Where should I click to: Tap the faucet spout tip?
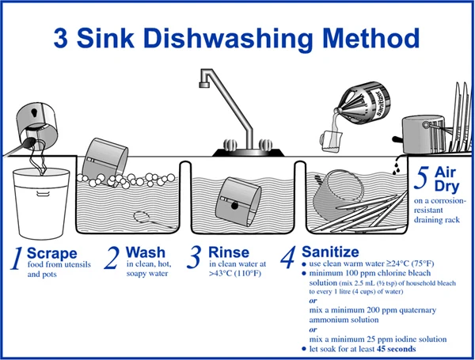pyautogui.click(x=204, y=85)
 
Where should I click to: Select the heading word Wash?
pyautogui.click(x=146, y=252)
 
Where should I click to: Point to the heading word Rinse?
pyautogui.click(x=229, y=252)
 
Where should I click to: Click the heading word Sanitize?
pyautogui.click(x=330, y=252)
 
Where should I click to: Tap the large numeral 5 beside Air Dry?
pyautogui.click(x=421, y=178)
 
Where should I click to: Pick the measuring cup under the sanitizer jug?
pyautogui.click(x=331, y=141)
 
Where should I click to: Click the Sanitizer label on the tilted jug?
pyautogui.click(x=380, y=102)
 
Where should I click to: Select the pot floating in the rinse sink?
pyautogui.click(x=238, y=202)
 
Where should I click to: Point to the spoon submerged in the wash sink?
pyautogui.click(x=154, y=220)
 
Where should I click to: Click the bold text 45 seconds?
pyautogui.click(x=396, y=349)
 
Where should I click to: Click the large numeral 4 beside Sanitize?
pyautogui.click(x=287, y=257)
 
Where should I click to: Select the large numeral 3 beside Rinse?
pyautogui.click(x=194, y=257)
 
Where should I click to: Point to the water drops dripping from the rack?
pyautogui.click(x=396, y=167)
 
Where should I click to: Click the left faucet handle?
pyautogui.click(x=230, y=144)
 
